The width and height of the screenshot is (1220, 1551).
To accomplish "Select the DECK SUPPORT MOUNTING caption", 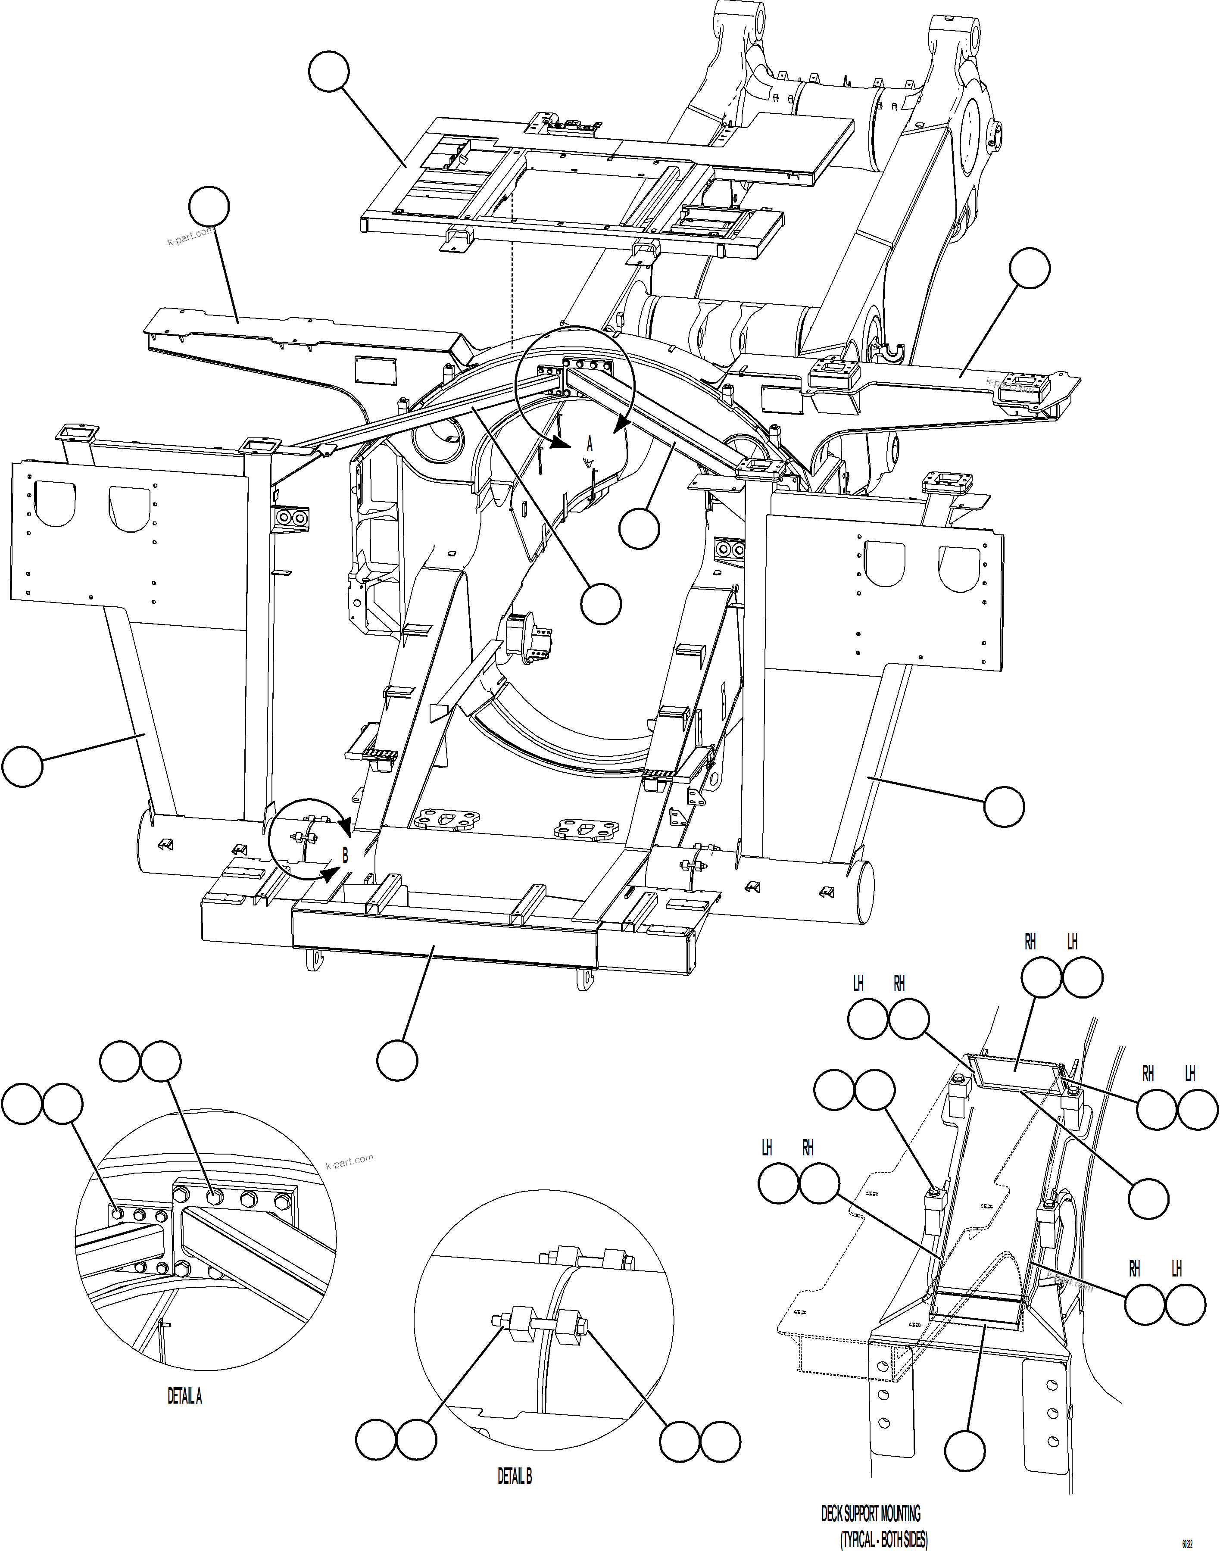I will pos(870,1513).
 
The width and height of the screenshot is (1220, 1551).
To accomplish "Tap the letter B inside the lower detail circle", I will pos(345,855).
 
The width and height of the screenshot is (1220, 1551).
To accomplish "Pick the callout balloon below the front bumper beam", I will pos(397,1060).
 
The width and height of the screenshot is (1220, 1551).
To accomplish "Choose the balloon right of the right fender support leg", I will pos(1004,807).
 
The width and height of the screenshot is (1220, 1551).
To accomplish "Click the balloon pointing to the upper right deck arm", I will pos(1029,268).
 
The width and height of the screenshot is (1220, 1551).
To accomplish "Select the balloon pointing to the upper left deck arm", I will pos(209,206).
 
